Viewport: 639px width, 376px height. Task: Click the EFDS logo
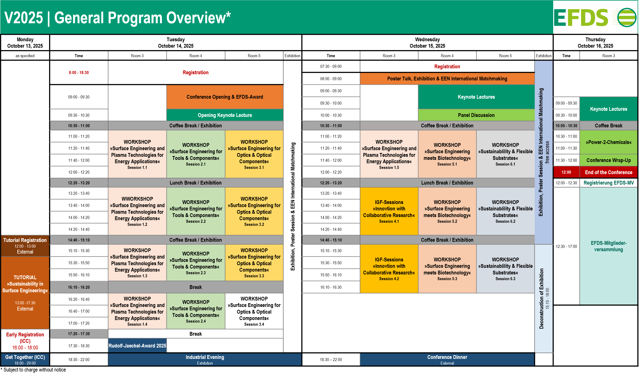point(595,17)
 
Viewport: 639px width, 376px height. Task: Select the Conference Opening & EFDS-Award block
point(225,97)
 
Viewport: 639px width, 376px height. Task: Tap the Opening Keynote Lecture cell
point(225,115)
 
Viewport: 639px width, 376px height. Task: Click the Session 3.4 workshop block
point(254,311)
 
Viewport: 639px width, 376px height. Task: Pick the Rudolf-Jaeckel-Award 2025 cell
point(137,346)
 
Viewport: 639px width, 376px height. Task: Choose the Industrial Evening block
point(205,359)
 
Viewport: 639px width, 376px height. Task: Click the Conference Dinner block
point(447,359)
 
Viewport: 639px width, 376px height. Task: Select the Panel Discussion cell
point(476,115)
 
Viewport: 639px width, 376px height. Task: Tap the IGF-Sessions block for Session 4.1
point(389,211)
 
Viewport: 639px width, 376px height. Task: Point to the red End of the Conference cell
point(608,172)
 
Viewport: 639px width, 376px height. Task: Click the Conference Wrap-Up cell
point(608,160)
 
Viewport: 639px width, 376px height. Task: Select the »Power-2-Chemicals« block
point(608,142)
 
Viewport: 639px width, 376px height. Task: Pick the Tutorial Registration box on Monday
point(25,246)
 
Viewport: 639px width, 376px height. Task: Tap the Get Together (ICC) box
point(25,359)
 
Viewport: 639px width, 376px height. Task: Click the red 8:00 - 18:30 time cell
point(79,73)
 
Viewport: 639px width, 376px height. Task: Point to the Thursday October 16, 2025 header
point(595,43)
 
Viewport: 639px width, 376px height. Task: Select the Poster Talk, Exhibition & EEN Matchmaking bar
point(447,79)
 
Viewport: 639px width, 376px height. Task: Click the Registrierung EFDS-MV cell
point(608,183)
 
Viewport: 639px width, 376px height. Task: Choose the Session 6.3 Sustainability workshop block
point(505,269)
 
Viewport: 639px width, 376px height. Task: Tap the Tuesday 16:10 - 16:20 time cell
point(79,287)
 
